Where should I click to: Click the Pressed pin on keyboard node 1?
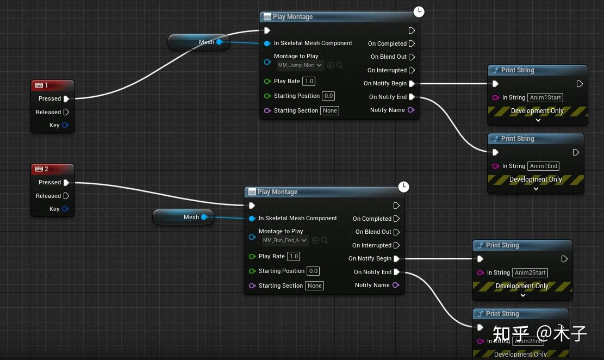66,99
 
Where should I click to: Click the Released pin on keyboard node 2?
66,196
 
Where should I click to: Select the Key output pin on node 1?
65,125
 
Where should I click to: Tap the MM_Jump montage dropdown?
301,65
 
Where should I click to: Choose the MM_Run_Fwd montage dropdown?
285,240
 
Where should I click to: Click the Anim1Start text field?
545,98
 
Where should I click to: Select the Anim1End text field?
544,166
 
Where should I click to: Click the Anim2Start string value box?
530,273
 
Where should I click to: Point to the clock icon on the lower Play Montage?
403,187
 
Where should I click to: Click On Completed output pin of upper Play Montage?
412,44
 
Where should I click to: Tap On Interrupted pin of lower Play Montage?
396,245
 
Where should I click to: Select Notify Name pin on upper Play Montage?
411,110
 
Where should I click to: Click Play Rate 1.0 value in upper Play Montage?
309,82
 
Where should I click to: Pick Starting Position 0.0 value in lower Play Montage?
313,271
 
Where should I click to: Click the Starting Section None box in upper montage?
329,111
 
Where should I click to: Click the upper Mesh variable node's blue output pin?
219,42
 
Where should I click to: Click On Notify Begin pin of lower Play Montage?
396,259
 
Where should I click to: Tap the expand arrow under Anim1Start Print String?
538,120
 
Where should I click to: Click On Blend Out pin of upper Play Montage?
412,57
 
